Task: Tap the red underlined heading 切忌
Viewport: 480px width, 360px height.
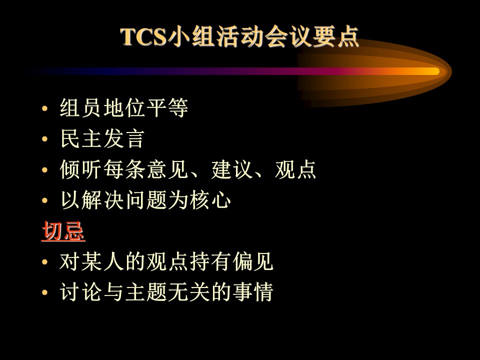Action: pos(63,231)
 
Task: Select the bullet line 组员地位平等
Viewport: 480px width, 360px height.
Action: pos(123,108)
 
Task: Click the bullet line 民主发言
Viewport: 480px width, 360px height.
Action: pos(102,138)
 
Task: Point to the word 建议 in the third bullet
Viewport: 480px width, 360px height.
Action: pos(232,169)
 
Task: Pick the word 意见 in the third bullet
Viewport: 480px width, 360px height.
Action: pos(167,169)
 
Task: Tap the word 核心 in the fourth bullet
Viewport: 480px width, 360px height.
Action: pos(210,200)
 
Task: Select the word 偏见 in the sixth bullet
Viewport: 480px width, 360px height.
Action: pos(253,261)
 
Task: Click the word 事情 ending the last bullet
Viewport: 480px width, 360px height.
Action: pos(253,292)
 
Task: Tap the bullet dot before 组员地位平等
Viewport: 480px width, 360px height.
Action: pos(44,108)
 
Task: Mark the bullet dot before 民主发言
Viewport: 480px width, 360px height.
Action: pos(44,139)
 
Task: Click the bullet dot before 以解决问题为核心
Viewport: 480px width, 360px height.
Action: pos(44,201)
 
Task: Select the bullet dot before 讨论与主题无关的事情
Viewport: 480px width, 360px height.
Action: pos(44,292)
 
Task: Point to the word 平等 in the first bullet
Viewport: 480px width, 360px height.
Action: pos(167,108)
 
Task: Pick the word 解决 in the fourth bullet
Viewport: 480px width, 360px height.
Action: pos(102,200)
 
